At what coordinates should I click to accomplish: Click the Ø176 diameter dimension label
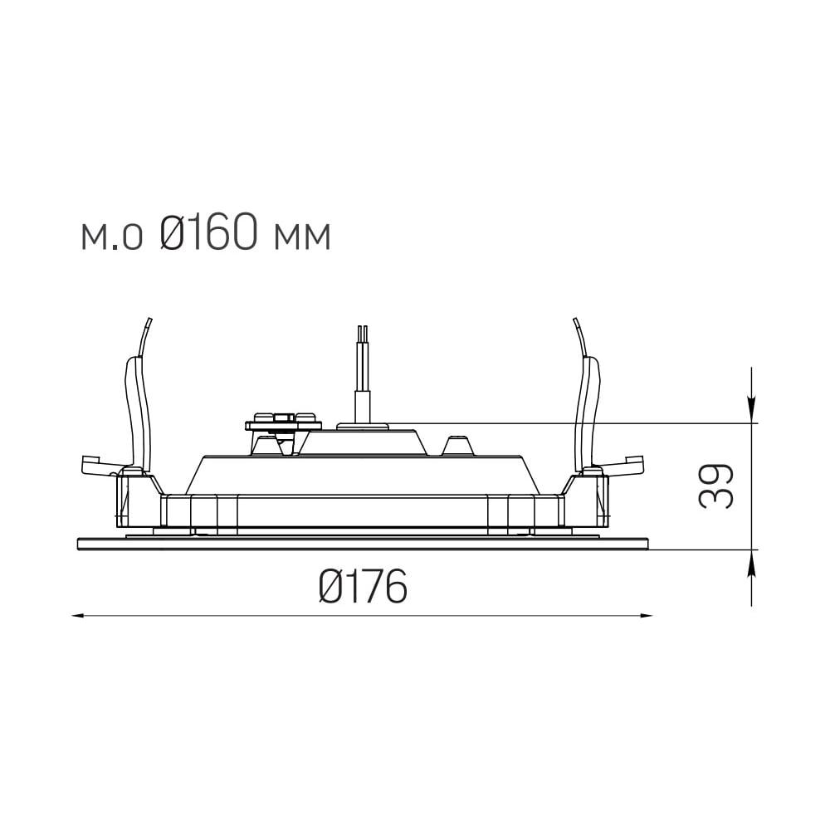pos(364,586)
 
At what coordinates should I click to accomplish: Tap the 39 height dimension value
pos(715,486)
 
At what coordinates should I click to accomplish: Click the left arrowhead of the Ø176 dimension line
pos(78,615)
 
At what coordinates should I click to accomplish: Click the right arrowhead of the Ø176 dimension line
pos(647,615)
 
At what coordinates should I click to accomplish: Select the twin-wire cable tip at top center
pos(363,328)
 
